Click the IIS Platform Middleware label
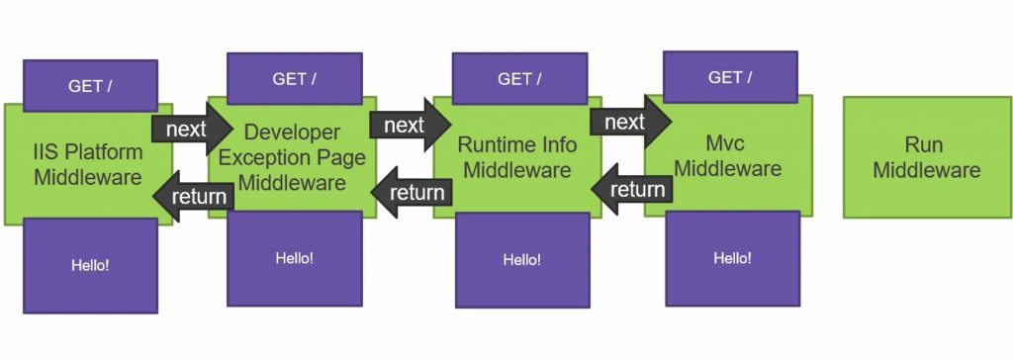click(x=88, y=165)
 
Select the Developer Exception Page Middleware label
click(x=292, y=157)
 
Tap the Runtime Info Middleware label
click(x=517, y=157)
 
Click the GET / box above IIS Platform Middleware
click(x=90, y=86)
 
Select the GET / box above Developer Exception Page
click(x=294, y=79)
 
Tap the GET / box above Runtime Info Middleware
click(x=518, y=79)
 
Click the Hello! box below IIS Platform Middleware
click(x=90, y=265)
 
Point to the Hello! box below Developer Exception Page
click(x=294, y=258)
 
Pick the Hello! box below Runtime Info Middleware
click(x=521, y=260)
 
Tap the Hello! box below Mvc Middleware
click(x=732, y=258)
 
